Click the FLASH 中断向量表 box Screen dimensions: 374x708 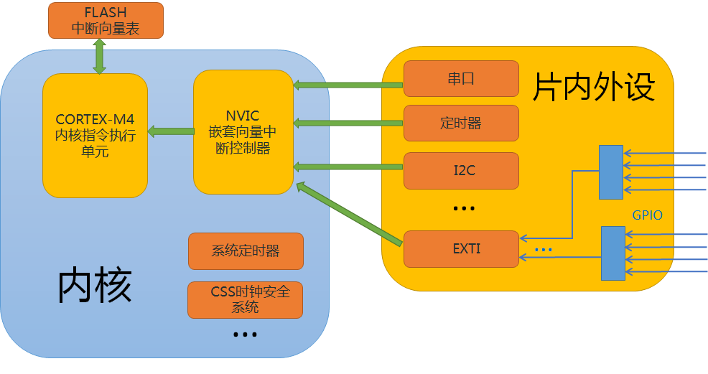[106, 20]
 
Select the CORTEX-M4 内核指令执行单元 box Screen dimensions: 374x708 [95, 135]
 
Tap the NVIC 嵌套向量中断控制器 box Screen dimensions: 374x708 [243, 131]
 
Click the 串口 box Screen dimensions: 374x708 [461, 79]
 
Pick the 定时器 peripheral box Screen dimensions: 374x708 [461, 123]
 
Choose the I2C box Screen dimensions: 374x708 [461, 170]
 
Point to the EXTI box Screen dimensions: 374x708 [461, 249]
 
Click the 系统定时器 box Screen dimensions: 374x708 [246, 251]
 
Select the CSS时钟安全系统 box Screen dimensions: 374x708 [246, 299]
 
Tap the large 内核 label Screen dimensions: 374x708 [96, 286]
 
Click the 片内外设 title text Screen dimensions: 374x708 [593, 87]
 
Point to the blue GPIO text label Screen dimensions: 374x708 [647, 215]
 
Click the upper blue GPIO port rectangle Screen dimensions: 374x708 [612, 172]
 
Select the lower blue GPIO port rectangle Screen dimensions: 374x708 [612, 253]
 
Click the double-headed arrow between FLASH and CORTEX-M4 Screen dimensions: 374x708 [99, 56]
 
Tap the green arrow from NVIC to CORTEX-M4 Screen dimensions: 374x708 [171, 131]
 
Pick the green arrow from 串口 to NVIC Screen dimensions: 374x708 [348, 85]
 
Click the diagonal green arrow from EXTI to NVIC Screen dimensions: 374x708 [348, 212]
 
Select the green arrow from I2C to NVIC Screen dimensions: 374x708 [348, 167]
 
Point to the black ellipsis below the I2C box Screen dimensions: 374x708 [464, 208]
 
